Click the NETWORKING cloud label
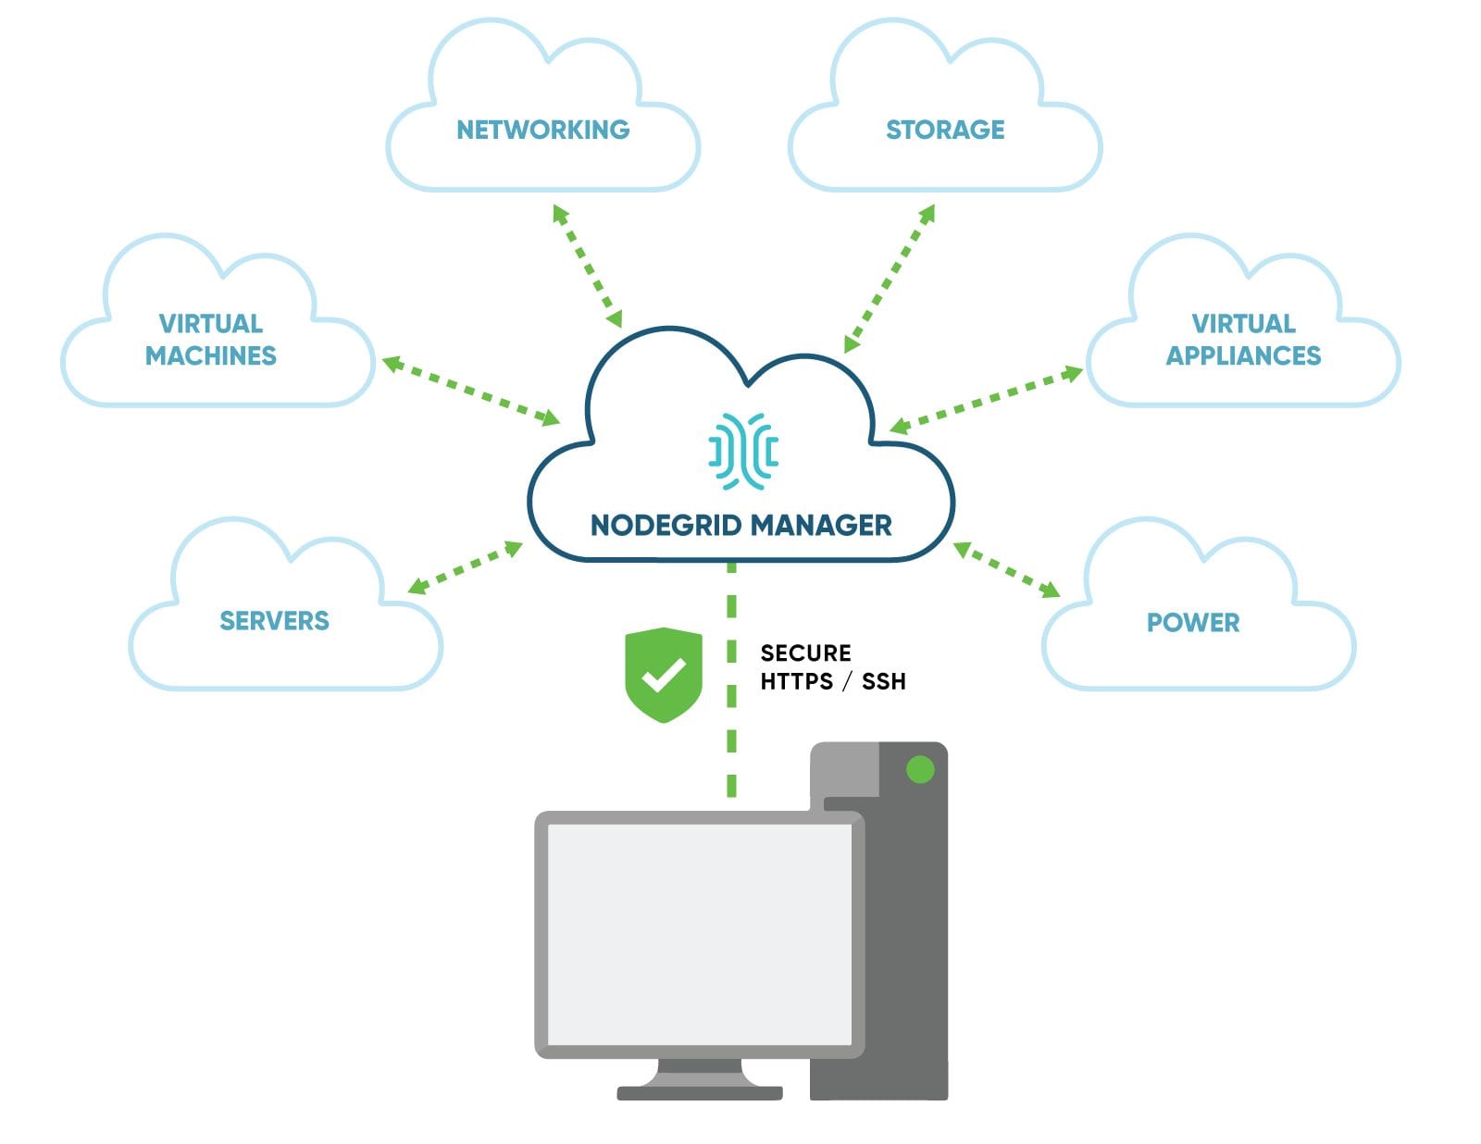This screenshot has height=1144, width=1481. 542,130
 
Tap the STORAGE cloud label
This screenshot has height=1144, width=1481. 945,130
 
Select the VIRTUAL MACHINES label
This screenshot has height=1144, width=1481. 211,340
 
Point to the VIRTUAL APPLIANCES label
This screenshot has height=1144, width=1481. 1243,340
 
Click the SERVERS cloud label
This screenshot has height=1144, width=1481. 274,620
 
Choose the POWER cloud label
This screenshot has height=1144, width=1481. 1193,622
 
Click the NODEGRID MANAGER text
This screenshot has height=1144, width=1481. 740,526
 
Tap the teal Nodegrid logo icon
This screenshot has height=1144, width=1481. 743,451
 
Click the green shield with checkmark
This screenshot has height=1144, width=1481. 664,674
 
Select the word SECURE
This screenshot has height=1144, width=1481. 805,653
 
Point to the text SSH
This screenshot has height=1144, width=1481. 883,682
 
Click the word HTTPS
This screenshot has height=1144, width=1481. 796,682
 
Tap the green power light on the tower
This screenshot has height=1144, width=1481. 920,769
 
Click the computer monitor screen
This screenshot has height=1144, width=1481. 700,935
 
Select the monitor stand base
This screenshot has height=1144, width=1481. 700,1092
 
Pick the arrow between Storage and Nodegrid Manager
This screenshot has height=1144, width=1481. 890,278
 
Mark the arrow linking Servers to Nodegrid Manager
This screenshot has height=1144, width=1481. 466,567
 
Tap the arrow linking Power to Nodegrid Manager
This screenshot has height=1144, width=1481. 1007,569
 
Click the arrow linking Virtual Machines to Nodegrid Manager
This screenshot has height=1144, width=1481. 471,392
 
